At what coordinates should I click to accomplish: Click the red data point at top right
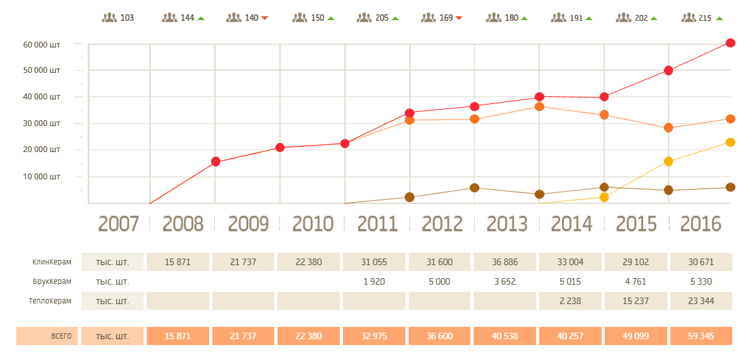730,43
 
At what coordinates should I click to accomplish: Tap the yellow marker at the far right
730,142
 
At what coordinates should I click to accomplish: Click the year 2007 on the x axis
118,224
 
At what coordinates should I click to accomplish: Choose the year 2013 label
507,224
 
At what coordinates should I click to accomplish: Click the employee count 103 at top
127,18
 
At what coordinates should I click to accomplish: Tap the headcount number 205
382,18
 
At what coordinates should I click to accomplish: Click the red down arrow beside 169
459,18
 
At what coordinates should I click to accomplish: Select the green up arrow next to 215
719,18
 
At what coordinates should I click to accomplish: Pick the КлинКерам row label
52,263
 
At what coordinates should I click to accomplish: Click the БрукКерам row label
52,281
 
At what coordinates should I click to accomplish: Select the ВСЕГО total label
61,336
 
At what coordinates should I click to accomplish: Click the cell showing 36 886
507,263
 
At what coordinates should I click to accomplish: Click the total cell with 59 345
702,336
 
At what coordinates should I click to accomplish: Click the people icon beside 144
170,18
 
